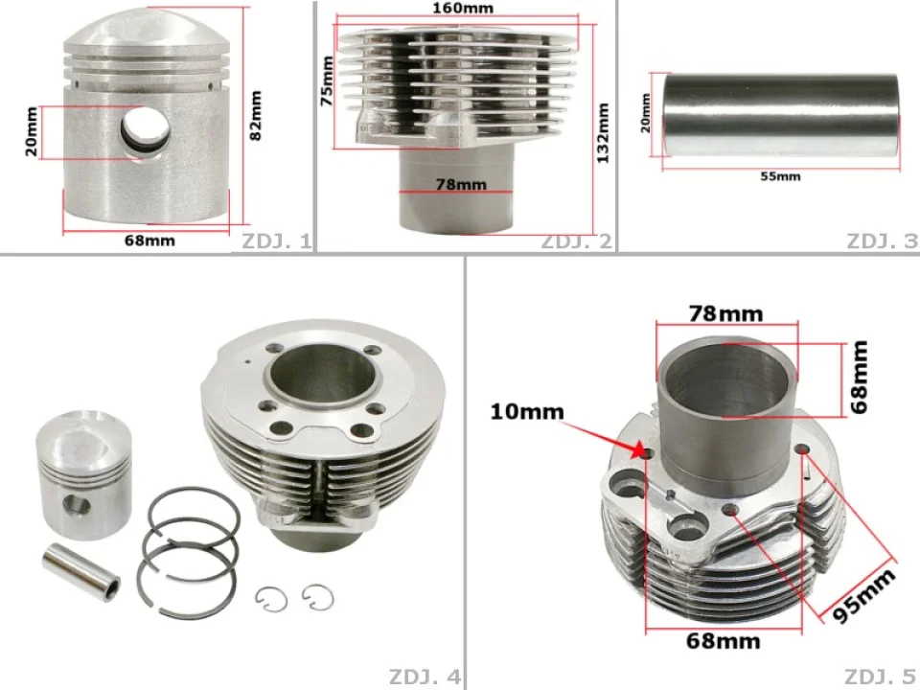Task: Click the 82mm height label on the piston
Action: pyautogui.click(x=256, y=116)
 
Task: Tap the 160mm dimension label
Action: pyautogui.click(x=463, y=9)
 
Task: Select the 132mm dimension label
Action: pyautogui.click(x=603, y=133)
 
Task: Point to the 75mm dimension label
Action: pyautogui.click(x=327, y=80)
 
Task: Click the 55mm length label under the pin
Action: pyautogui.click(x=780, y=176)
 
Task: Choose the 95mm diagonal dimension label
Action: pyautogui.click(x=864, y=594)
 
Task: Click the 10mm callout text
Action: pyautogui.click(x=527, y=411)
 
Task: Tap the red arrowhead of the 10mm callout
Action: pyautogui.click(x=638, y=450)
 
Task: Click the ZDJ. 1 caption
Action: pyautogui.click(x=276, y=241)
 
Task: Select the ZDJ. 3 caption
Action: pyautogui.click(x=882, y=241)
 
